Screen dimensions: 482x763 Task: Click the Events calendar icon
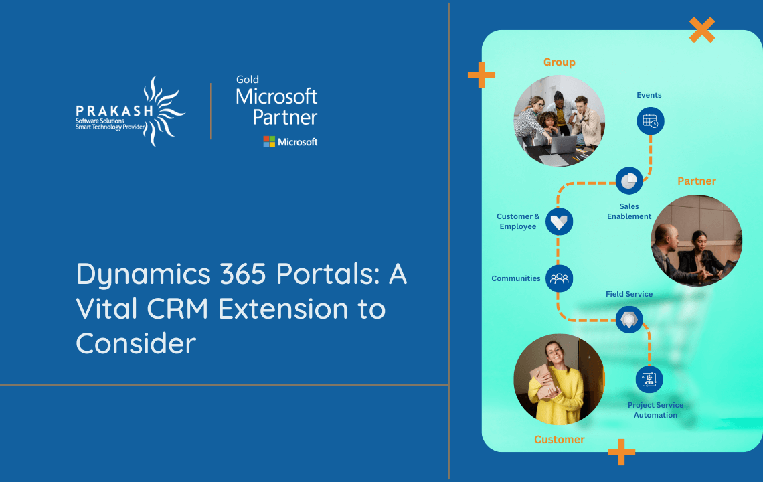pyautogui.click(x=649, y=121)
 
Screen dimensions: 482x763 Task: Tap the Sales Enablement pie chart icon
pyautogui.click(x=629, y=181)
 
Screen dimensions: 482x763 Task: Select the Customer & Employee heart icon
pyautogui.click(x=559, y=221)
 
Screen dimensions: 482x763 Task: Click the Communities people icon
pyautogui.click(x=559, y=278)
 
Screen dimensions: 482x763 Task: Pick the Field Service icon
pyautogui.click(x=629, y=319)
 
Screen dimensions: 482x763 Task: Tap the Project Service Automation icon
pyautogui.click(x=649, y=380)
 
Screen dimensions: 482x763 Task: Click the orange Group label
pyautogui.click(x=559, y=62)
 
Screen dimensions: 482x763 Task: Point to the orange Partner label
pyautogui.click(x=696, y=181)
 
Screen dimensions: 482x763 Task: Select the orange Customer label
pyautogui.click(x=559, y=440)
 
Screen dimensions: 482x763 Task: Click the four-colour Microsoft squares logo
pyautogui.click(x=269, y=142)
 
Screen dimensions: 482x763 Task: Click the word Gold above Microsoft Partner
pyautogui.click(x=248, y=80)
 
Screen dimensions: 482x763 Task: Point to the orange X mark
pyautogui.click(x=701, y=30)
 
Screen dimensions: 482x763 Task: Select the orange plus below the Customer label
pyautogui.click(x=621, y=453)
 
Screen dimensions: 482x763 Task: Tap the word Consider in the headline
pyautogui.click(x=136, y=343)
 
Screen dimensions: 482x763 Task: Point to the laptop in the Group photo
pyautogui.click(x=562, y=143)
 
